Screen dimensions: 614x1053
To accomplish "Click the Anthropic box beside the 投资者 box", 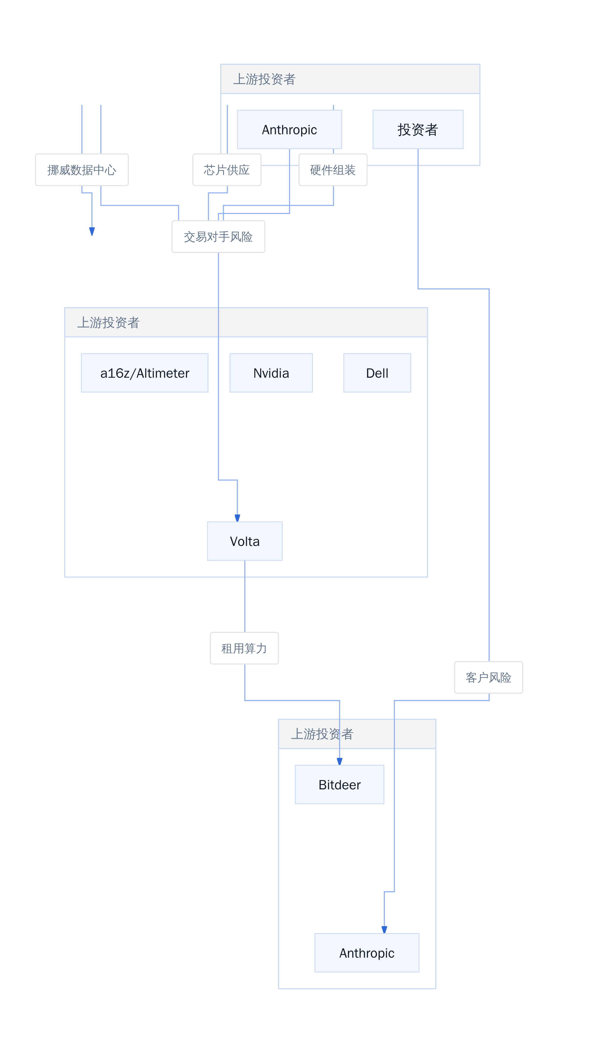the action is [289, 130].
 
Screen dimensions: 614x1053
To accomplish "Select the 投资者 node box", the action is [418, 130].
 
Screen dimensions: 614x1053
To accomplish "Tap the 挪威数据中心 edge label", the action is [82, 170].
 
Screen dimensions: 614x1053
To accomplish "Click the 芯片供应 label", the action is [227, 170].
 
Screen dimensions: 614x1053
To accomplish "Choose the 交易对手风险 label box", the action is [218, 237].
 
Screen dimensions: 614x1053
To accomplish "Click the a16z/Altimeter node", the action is [145, 373].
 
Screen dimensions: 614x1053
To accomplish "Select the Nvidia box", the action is [271, 373].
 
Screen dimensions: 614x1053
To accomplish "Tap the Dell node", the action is [377, 373].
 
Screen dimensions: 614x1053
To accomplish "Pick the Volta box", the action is [245, 541].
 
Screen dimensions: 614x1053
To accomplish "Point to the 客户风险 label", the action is [489, 677].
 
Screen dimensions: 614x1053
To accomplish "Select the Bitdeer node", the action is [339, 784].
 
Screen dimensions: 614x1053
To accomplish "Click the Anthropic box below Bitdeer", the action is [367, 953].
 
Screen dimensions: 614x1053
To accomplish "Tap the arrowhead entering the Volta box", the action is [237, 518].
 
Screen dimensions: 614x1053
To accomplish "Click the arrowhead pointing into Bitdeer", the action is [339, 761].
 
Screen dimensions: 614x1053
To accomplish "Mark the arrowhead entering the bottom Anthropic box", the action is [384, 930].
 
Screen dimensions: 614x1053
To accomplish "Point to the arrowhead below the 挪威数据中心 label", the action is [92, 231].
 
